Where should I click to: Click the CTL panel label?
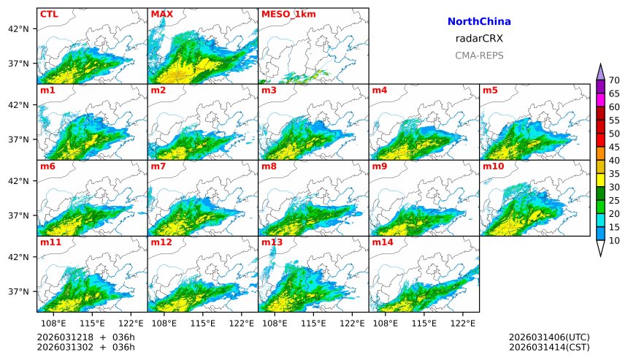49,14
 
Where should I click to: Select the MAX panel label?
161,14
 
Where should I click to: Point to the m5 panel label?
489,91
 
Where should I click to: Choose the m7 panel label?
158,166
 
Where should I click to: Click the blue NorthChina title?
479,22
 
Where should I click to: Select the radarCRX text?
479,39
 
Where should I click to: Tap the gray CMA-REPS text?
479,55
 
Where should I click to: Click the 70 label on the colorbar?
614,80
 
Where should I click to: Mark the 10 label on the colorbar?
614,240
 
